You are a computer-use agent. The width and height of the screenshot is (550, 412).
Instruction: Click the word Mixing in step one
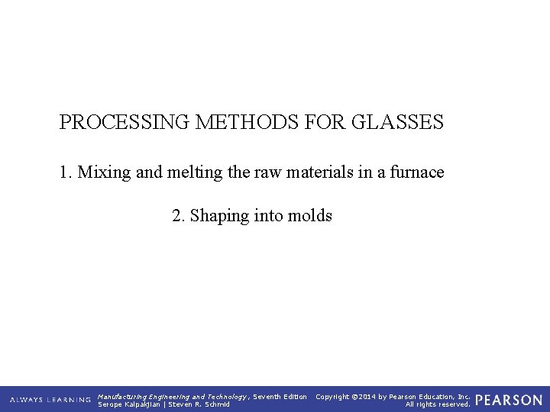pos(103,172)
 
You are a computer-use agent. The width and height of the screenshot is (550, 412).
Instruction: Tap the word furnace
pos(416,172)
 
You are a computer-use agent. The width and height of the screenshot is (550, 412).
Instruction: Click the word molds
pos(310,216)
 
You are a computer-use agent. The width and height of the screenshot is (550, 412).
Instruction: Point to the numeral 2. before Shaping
pos(179,216)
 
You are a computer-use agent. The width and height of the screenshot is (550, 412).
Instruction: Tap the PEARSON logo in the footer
pos(509,400)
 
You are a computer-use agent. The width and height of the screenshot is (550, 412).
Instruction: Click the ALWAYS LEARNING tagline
pos(50,400)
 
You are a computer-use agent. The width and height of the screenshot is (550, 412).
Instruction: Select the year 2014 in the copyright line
pos(366,396)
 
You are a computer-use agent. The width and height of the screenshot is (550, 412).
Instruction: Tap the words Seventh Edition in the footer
pos(280,396)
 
